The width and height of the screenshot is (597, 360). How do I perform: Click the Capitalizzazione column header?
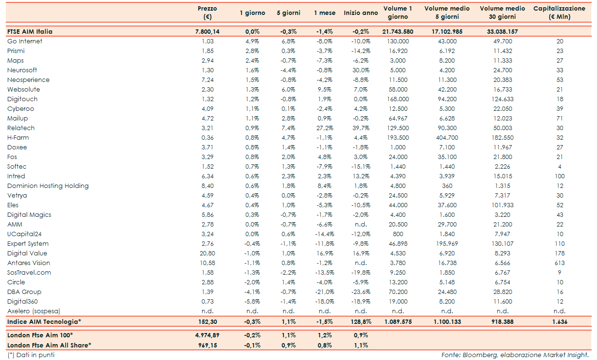(559, 13)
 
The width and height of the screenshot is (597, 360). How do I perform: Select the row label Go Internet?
(25, 41)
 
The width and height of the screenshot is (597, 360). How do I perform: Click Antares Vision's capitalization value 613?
(559, 263)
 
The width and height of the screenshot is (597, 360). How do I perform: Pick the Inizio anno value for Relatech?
(361, 128)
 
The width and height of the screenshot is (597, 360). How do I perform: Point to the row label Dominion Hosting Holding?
(48, 186)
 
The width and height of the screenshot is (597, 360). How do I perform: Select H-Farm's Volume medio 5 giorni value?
(447, 138)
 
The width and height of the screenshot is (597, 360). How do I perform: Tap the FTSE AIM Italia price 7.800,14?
(207, 31)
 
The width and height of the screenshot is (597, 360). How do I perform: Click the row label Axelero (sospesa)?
(34, 311)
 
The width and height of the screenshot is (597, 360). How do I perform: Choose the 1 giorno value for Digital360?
(252, 302)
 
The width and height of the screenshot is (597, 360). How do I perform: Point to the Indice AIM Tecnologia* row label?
(44, 321)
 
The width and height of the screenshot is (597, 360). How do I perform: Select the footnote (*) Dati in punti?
(31, 355)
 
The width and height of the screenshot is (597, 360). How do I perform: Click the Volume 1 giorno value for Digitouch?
(398, 99)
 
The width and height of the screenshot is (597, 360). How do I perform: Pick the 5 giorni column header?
(288, 13)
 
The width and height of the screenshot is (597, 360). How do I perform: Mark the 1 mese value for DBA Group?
(325, 292)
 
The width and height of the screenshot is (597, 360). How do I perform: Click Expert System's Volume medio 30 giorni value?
(502, 244)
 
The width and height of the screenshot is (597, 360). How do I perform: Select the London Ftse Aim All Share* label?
(49, 345)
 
